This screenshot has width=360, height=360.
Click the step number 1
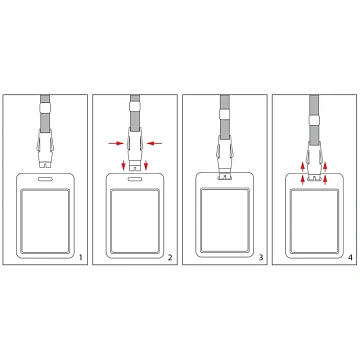click(x=80, y=257)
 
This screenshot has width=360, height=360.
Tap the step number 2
click(x=170, y=257)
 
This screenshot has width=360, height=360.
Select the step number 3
click(x=261, y=257)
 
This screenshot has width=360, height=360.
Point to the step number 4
click(x=350, y=257)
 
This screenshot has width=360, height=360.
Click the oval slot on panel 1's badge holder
click(x=45, y=179)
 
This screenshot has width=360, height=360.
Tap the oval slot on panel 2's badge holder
click(x=135, y=179)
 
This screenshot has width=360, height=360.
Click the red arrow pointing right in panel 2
click(x=115, y=143)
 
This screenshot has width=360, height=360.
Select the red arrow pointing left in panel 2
click(x=155, y=143)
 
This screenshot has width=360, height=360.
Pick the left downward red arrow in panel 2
click(x=124, y=165)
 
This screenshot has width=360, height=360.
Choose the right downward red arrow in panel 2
click(x=146, y=165)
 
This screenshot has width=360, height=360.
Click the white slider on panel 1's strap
click(x=45, y=107)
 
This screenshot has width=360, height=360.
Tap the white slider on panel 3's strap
click(x=225, y=114)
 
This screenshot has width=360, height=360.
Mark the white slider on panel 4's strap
click(x=314, y=120)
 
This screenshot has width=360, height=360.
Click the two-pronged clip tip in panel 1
click(x=45, y=164)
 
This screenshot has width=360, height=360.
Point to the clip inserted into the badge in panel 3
click(x=225, y=176)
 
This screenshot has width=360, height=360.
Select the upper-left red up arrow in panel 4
click(x=302, y=166)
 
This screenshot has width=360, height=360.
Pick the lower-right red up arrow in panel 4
click(x=325, y=180)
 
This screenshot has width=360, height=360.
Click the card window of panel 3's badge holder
click(x=225, y=220)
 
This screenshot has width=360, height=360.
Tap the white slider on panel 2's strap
click(x=135, y=107)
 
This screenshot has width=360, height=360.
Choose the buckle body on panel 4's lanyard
click(x=314, y=157)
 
